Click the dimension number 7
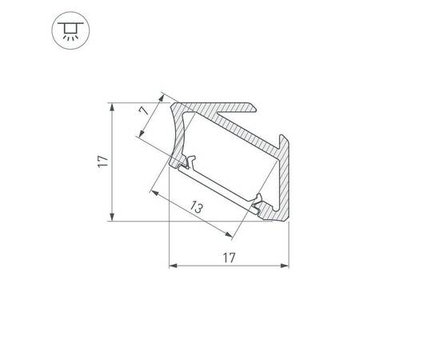(143, 113)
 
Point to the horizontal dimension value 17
(229, 258)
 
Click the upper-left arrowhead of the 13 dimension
(154, 191)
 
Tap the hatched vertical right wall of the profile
(286, 181)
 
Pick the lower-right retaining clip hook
(257, 204)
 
